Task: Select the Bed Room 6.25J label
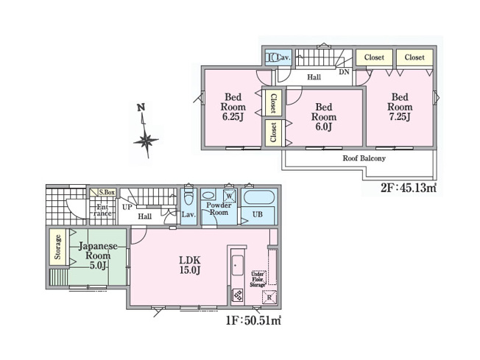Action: click(234, 107)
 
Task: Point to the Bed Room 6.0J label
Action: click(323, 116)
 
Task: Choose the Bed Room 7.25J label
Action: click(400, 107)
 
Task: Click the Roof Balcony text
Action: click(364, 158)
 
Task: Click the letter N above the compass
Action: click(141, 109)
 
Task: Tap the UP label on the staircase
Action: click(127, 208)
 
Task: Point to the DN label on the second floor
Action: click(344, 72)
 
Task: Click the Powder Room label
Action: click(219, 209)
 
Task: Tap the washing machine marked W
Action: click(230, 197)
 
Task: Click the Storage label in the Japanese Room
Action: click(57, 247)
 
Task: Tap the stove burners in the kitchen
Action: click(239, 296)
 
